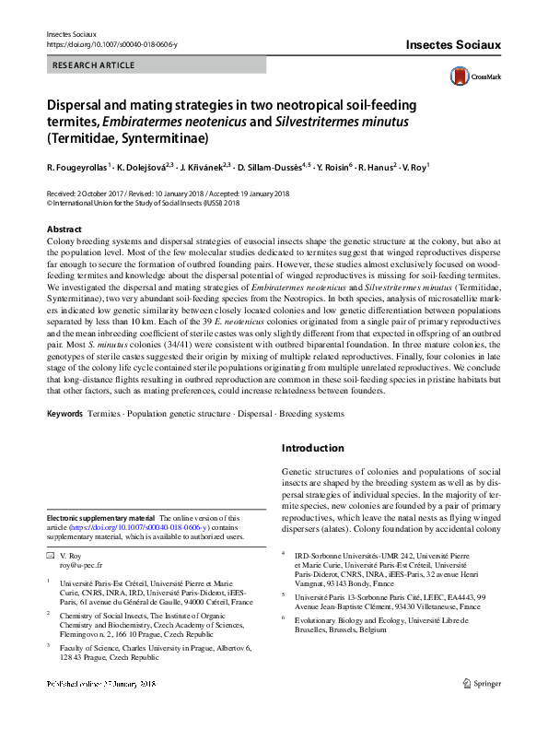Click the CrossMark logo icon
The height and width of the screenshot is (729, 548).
coord(460,76)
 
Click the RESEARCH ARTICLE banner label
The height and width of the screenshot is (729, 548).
coord(94,65)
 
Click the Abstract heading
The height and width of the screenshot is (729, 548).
coord(64,229)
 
